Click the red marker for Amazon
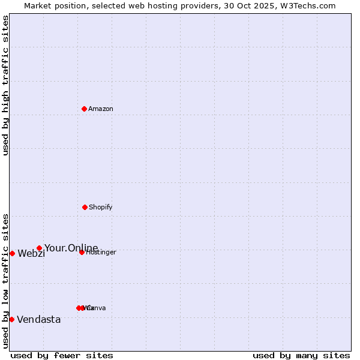coord(84,109)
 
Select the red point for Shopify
coord(85,207)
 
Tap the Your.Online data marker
coord(39,248)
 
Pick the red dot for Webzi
coord(12,253)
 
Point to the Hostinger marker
coord(82,252)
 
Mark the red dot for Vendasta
coord(11,319)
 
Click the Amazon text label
coord(101,109)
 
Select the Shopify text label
coord(101,207)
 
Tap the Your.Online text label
coord(71,248)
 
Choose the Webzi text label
coord(31,253)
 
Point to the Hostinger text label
coord(101,252)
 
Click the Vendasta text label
coord(39,319)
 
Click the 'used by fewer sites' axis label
coord(62,355)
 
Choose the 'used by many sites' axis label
coord(301,355)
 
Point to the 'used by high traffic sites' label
coord(5,85)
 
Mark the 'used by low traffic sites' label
coord(5,281)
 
